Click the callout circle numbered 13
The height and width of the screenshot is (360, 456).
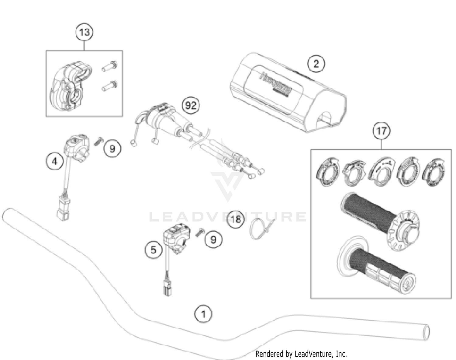point(84,32)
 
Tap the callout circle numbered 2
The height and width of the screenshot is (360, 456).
point(316,64)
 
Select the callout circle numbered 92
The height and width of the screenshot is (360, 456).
point(191,106)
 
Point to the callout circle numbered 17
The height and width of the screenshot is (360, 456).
point(382,131)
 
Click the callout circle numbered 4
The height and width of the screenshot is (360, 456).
point(54,161)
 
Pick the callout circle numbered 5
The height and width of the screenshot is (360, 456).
point(153,250)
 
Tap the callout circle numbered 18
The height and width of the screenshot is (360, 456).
point(236,219)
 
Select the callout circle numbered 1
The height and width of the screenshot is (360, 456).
point(203,314)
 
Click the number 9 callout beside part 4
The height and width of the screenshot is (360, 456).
point(112,149)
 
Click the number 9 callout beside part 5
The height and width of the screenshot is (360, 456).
point(213,240)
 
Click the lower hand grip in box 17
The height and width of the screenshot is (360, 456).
point(377,266)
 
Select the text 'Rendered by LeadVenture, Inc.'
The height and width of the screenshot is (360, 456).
point(301,354)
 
